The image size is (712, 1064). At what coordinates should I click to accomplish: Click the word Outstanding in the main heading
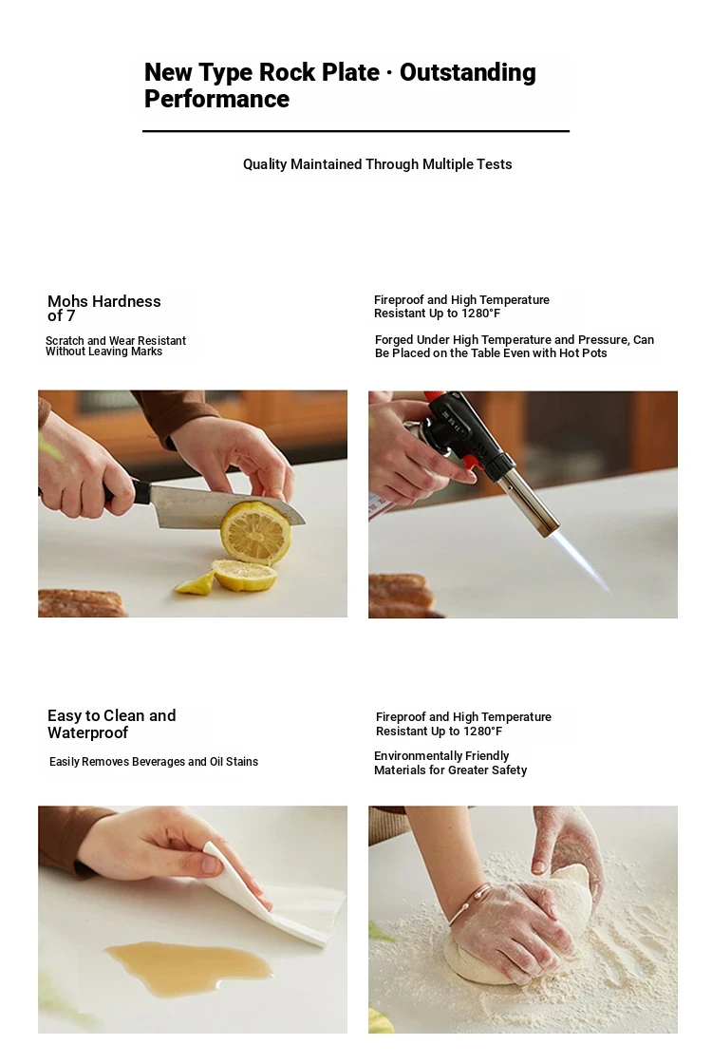467,72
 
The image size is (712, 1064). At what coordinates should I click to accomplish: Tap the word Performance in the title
216,99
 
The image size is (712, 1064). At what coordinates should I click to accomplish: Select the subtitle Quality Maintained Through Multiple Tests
377,164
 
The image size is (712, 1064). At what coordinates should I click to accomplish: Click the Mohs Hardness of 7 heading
103,308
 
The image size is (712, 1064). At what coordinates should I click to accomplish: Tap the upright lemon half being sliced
256,533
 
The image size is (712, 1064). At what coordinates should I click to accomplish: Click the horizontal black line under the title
355,131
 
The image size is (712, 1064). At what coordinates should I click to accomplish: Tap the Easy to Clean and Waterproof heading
111,724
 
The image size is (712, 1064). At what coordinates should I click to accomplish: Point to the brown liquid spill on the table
189,965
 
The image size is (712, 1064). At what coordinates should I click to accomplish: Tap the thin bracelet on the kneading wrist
469,902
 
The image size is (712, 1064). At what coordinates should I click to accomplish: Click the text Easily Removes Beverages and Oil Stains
153,762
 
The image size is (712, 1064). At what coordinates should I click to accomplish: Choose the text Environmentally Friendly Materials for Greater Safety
450,763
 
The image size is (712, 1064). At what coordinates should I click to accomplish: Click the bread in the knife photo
82,603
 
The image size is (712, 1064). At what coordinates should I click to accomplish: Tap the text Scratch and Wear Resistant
115,341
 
